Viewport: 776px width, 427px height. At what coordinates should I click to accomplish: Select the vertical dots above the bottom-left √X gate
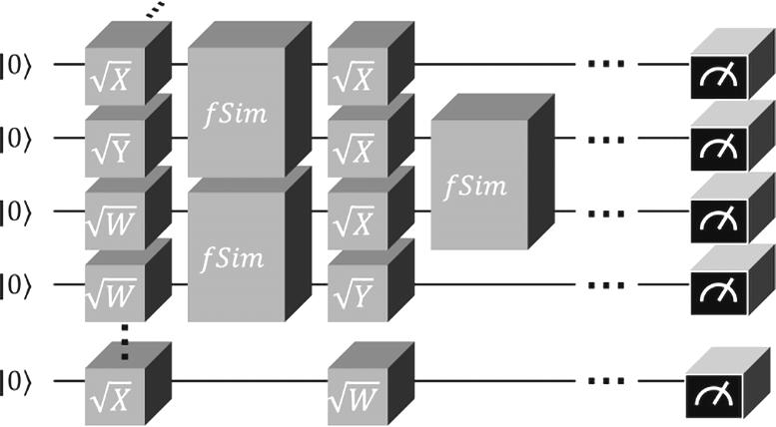tap(125, 341)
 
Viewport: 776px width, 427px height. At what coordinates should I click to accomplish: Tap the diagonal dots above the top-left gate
tap(156, 10)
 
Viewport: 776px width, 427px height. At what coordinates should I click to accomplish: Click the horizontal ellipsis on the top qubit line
tap(606, 64)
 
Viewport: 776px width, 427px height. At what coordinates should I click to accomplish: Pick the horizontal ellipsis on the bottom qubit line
tap(606, 381)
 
